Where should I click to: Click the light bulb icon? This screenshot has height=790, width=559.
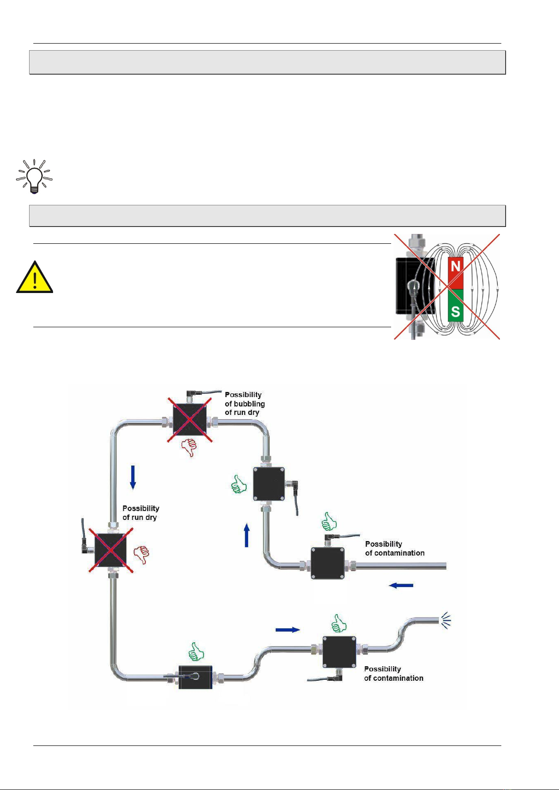(34, 176)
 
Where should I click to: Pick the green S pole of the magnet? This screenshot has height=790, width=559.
(455, 305)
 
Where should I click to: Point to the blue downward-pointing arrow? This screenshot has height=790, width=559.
(133, 477)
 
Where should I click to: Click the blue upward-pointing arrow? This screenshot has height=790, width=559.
(247, 535)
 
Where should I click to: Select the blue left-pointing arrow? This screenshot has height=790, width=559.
(401, 585)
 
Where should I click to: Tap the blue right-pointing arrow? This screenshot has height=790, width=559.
(287, 630)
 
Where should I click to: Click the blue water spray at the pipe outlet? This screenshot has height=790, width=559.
(446, 621)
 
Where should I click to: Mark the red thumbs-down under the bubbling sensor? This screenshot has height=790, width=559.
(189, 447)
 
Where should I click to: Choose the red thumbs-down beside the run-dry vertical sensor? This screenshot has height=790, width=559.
(142, 555)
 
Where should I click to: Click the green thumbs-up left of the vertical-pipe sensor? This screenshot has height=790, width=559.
(239, 484)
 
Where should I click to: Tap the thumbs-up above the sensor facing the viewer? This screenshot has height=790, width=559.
(196, 652)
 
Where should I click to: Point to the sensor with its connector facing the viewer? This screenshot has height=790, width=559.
(195, 677)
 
